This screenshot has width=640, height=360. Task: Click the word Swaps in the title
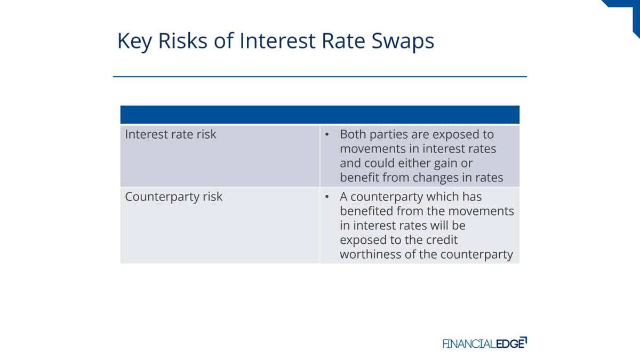(403, 42)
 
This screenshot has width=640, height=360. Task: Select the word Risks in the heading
(182, 41)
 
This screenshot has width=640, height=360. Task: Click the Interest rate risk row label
(171, 134)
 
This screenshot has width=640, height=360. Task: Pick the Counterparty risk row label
(173, 197)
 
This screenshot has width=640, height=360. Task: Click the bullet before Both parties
(327, 134)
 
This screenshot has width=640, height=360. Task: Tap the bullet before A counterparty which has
(327, 197)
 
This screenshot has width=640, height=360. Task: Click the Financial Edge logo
(485, 343)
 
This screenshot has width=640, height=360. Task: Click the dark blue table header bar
(319, 115)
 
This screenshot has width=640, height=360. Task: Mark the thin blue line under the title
(319, 77)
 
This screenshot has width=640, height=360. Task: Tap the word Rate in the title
(343, 41)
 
